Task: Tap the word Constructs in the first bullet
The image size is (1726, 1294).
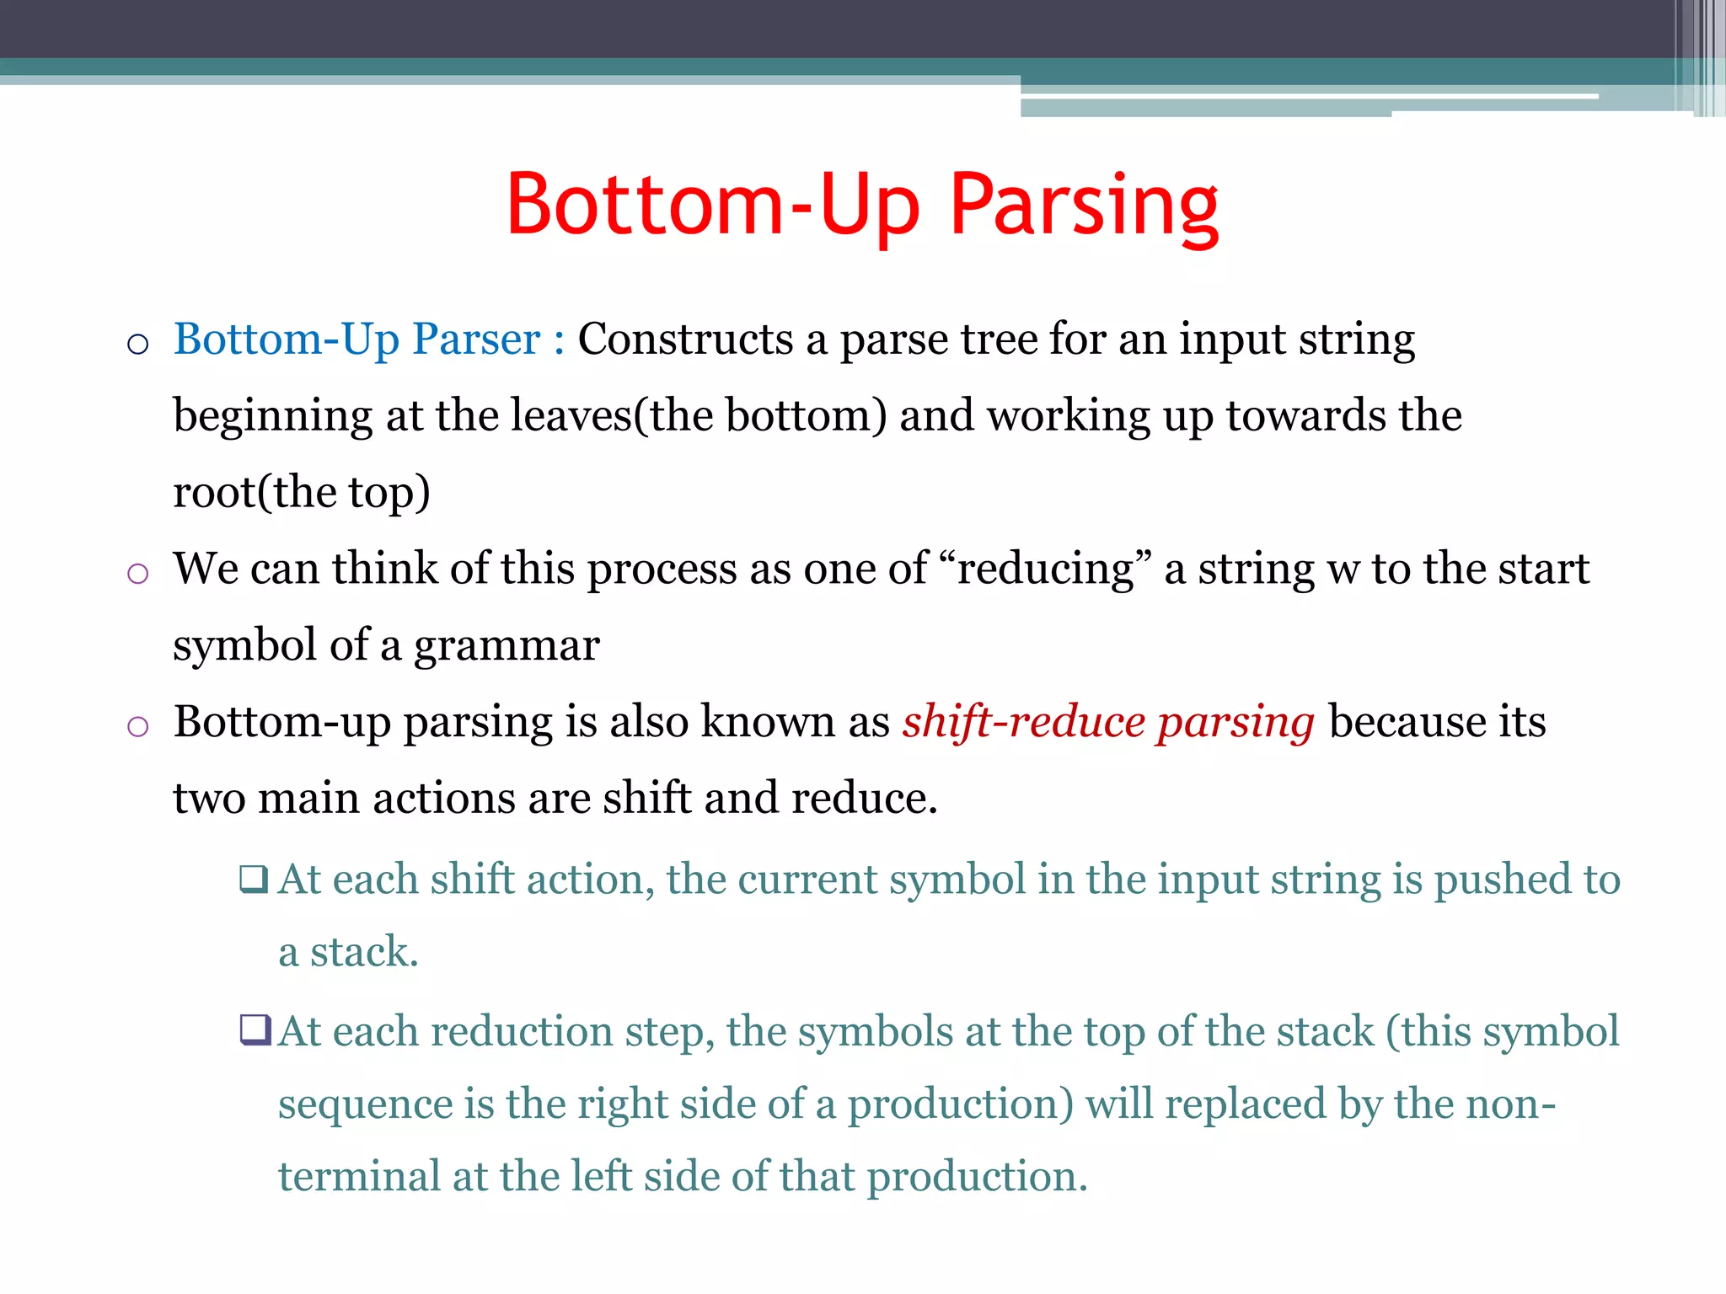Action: pyautogui.click(x=684, y=340)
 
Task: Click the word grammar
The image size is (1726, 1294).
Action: pyautogui.click(x=506, y=646)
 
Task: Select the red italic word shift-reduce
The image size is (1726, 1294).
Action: pyautogui.click(x=1023, y=722)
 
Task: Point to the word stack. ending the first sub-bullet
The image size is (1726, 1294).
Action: pyautogui.click(x=363, y=952)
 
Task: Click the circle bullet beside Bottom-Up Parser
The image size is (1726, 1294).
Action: pyautogui.click(x=137, y=344)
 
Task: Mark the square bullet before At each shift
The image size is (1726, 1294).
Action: pyautogui.click(x=253, y=880)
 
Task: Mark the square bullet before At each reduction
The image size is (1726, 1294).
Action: pyautogui.click(x=255, y=1030)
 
